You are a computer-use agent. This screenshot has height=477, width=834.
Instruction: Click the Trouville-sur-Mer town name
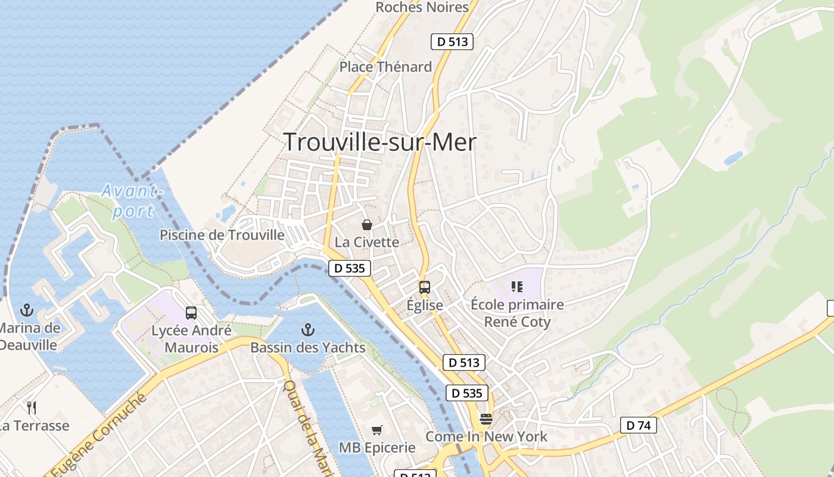coord(380,143)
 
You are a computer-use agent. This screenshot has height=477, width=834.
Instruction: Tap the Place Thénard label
coord(385,67)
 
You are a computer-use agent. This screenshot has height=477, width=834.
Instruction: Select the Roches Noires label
coord(422,7)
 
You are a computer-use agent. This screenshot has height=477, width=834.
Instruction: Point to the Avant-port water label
coord(131,201)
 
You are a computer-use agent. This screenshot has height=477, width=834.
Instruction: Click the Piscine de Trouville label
coord(222,235)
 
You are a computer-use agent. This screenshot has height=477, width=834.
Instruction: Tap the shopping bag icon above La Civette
coord(367,225)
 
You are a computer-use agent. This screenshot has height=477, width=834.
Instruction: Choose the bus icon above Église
coord(425,287)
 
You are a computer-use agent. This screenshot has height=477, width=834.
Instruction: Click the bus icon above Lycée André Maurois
coord(191,313)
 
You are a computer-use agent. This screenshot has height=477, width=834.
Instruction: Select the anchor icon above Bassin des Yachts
coord(307,329)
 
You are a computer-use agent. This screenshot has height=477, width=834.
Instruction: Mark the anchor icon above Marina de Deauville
coord(26,310)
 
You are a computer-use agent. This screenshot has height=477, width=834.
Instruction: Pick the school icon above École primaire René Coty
coord(517,287)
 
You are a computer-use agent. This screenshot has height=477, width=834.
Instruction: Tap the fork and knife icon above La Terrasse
coord(32,408)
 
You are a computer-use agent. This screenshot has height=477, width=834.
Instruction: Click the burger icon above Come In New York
coord(486,419)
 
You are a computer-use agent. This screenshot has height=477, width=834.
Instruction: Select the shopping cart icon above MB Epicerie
coord(376,430)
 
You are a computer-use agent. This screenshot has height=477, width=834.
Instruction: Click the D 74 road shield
coord(639,425)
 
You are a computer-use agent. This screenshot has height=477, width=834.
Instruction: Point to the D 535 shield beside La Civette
coord(350,268)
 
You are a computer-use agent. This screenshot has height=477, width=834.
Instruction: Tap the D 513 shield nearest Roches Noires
coord(452,42)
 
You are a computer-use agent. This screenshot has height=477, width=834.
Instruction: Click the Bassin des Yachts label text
coord(307,347)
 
